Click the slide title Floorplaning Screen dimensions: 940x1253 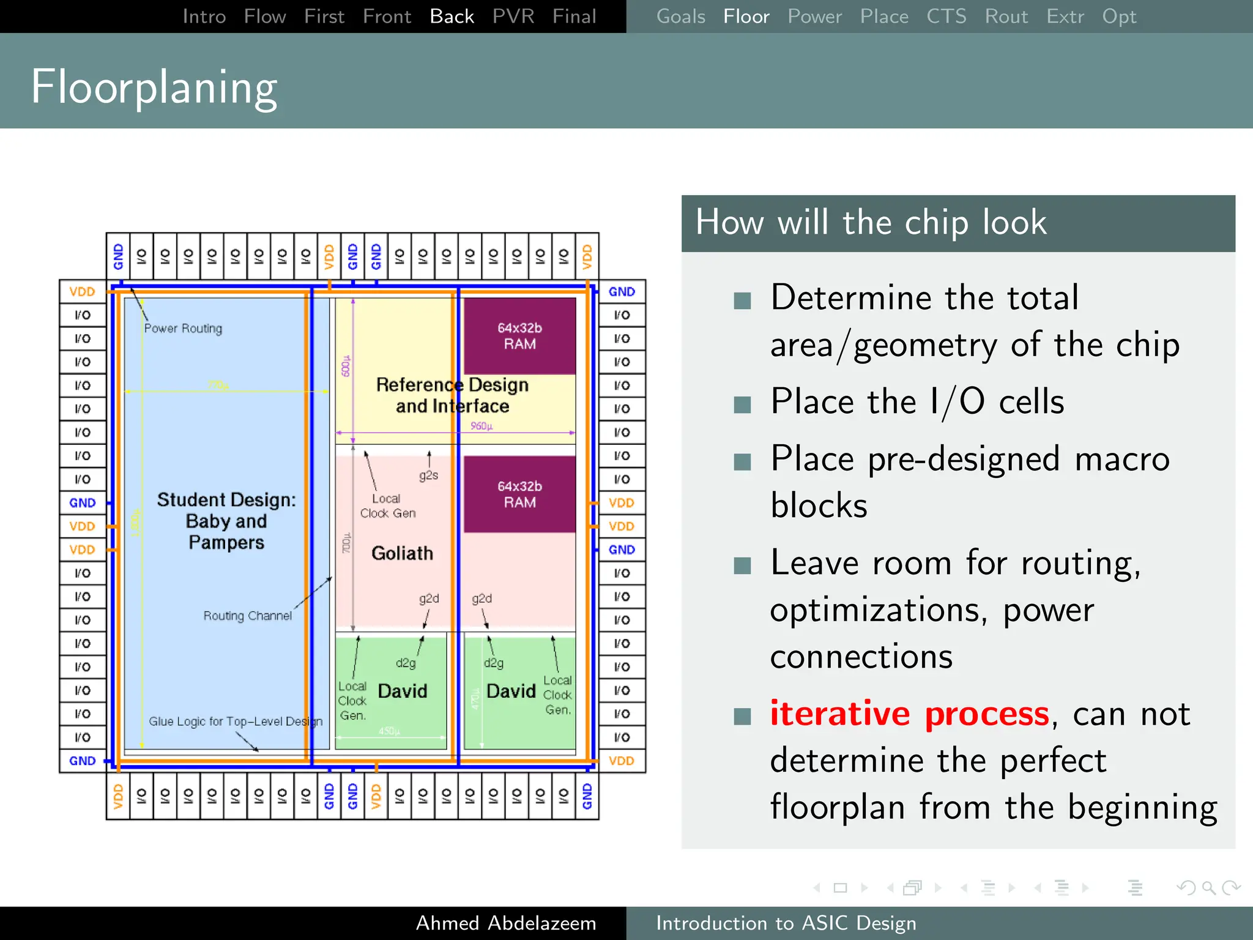(x=154, y=88)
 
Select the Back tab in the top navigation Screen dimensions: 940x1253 (x=452, y=17)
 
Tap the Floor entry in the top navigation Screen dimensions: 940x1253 (x=746, y=17)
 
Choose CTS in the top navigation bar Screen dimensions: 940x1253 (x=946, y=17)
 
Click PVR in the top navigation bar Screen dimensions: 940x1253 (x=513, y=17)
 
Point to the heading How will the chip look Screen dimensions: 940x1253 (x=871, y=222)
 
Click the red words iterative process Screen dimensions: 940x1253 (x=909, y=714)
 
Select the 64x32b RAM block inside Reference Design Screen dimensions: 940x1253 (x=519, y=336)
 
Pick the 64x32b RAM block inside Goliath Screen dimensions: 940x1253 (x=519, y=494)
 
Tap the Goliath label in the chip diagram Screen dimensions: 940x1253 (x=402, y=553)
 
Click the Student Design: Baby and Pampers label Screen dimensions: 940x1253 (x=226, y=521)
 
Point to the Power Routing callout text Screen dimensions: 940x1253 (x=183, y=329)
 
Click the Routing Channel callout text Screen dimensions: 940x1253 (x=247, y=616)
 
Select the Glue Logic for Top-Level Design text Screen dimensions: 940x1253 (x=236, y=722)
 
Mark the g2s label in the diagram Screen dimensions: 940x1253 (x=428, y=476)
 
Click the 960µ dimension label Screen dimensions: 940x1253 (x=481, y=426)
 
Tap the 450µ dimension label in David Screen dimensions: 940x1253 (x=389, y=731)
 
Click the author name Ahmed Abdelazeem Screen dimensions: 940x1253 (x=505, y=923)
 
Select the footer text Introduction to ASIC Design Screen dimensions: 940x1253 (x=786, y=923)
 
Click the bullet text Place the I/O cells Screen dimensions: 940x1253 (x=917, y=402)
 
